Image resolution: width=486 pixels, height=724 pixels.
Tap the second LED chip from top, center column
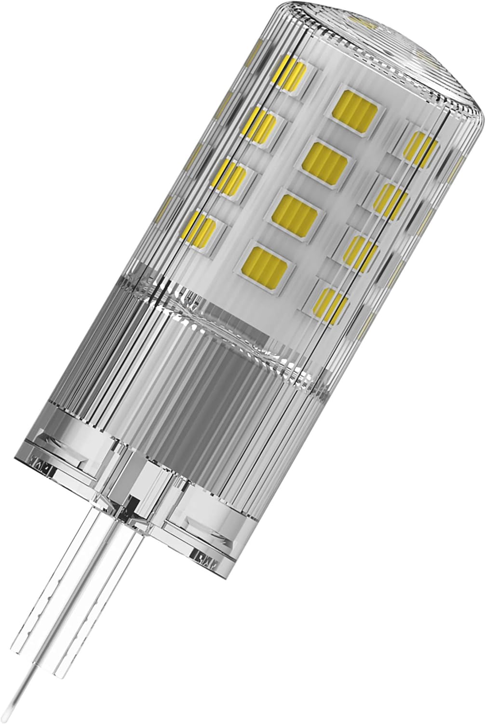click(325, 159)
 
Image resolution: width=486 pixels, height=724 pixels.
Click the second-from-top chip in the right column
click(391, 198)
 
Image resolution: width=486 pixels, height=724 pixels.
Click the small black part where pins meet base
click(129, 504)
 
